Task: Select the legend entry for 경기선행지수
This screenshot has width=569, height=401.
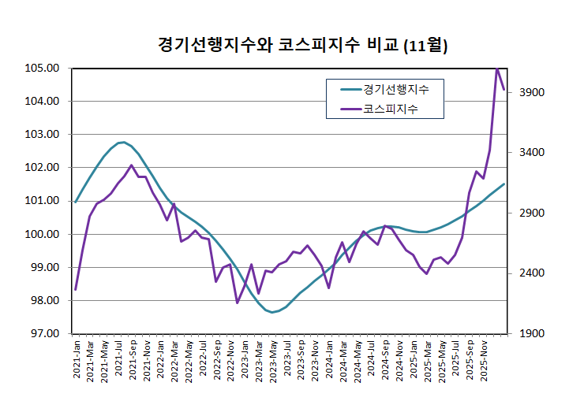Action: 395,89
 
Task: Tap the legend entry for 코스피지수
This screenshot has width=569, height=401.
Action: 390,109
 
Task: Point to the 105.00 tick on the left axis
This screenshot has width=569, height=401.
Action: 42,68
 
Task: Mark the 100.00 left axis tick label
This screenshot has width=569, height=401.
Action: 42,234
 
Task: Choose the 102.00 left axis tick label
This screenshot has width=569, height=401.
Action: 42,168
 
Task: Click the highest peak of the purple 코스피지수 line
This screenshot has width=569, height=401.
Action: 497,69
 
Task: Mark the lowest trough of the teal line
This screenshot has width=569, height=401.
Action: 272,312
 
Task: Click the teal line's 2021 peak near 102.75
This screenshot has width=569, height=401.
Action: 123,143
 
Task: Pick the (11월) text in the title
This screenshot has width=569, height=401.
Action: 425,46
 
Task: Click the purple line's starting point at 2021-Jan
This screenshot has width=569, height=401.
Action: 76,289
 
